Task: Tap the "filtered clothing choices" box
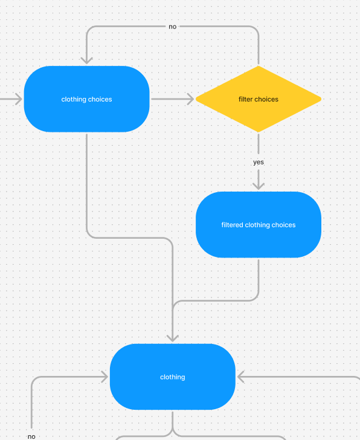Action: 259,239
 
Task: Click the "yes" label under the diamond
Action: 259,162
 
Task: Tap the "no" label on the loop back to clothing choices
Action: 173,27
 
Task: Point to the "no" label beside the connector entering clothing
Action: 31,436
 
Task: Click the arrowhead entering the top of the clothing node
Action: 173,337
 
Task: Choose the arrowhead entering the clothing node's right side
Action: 242,377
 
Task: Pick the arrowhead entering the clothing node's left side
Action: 103,377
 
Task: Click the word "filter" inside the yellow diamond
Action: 246,99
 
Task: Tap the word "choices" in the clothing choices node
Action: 100,99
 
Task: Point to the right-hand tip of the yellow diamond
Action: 319,99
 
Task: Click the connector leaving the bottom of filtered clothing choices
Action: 259,278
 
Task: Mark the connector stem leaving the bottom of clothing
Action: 173,421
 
